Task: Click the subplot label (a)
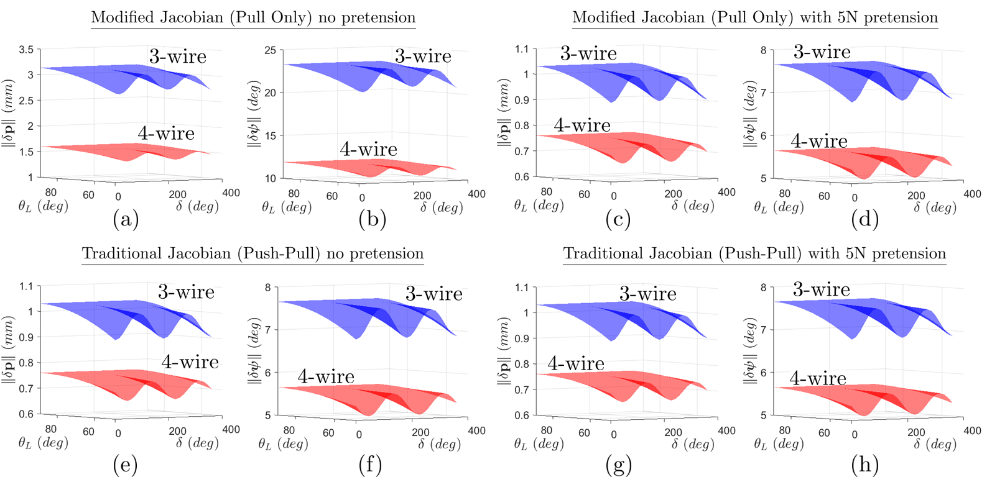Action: [x=126, y=219]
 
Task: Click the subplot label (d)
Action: [x=864, y=219]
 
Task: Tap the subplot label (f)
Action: [x=370, y=465]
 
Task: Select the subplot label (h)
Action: [x=864, y=465]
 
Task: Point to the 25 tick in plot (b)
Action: [x=270, y=50]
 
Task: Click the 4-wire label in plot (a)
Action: [x=166, y=134]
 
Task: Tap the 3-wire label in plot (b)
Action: [x=423, y=57]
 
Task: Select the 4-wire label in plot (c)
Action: [x=582, y=125]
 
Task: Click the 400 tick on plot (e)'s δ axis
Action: [x=231, y=430]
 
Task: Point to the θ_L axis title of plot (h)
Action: [x=779, y=443]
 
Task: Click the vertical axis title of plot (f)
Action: [x=254, y=351]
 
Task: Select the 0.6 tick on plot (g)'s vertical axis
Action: [x=522, y=415]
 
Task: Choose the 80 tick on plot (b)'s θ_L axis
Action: [x=294, y=194]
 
